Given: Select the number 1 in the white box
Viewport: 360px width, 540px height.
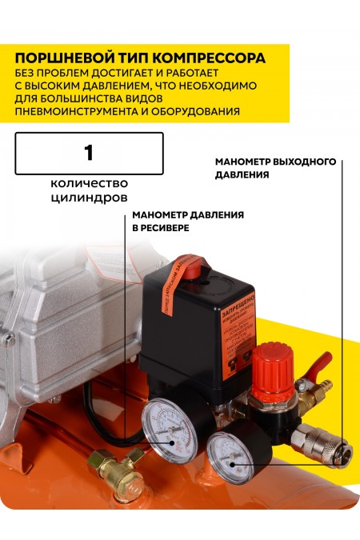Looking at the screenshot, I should point(89,152).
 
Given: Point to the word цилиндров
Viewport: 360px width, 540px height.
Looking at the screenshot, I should point(89,196).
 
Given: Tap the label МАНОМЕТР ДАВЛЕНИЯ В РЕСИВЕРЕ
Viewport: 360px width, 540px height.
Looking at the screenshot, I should point(188,221).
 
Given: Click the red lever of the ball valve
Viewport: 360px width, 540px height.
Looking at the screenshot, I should point(319,366).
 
